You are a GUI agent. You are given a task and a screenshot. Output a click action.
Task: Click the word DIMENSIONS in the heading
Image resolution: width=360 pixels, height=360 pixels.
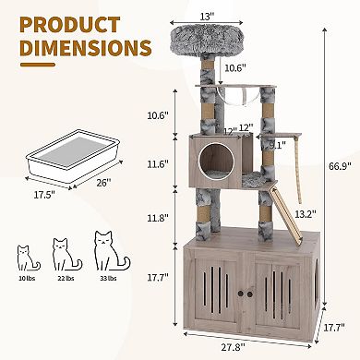(x=78, y=47)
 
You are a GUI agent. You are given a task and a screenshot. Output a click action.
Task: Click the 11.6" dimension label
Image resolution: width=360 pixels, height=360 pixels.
(x=158, y=163)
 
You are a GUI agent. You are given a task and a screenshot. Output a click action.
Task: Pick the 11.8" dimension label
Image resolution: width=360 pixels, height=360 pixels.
(x=158, y=219)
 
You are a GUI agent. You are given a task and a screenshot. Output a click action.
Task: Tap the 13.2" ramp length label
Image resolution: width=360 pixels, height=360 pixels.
(x=303, y=214)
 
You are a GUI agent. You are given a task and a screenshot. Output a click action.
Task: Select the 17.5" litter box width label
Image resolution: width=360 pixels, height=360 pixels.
(x=38, y=195)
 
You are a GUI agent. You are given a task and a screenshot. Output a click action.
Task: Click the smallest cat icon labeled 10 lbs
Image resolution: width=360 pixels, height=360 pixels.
(x=26, y=256)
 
